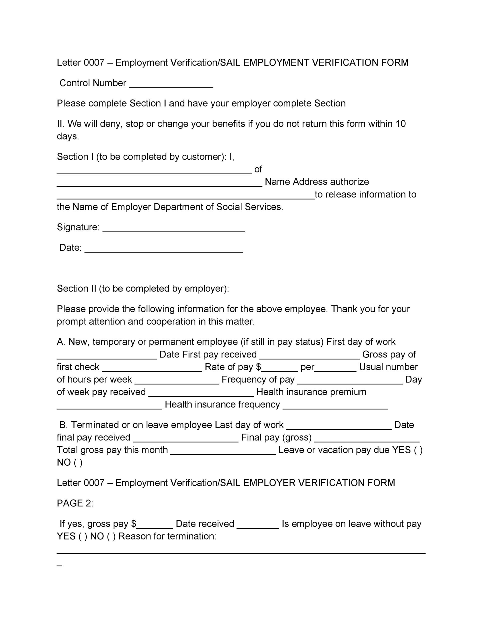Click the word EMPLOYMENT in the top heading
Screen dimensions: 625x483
(x=276, y=63)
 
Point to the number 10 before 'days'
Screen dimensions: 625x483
(x=400, y=124)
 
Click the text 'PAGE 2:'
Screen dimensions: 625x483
(x=75, y=503)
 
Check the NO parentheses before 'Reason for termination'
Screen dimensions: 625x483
(x=111, y=536)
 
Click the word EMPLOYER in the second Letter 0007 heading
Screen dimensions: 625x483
(x=269, y=483)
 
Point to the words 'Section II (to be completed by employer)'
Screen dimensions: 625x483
(x=143, y=288)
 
